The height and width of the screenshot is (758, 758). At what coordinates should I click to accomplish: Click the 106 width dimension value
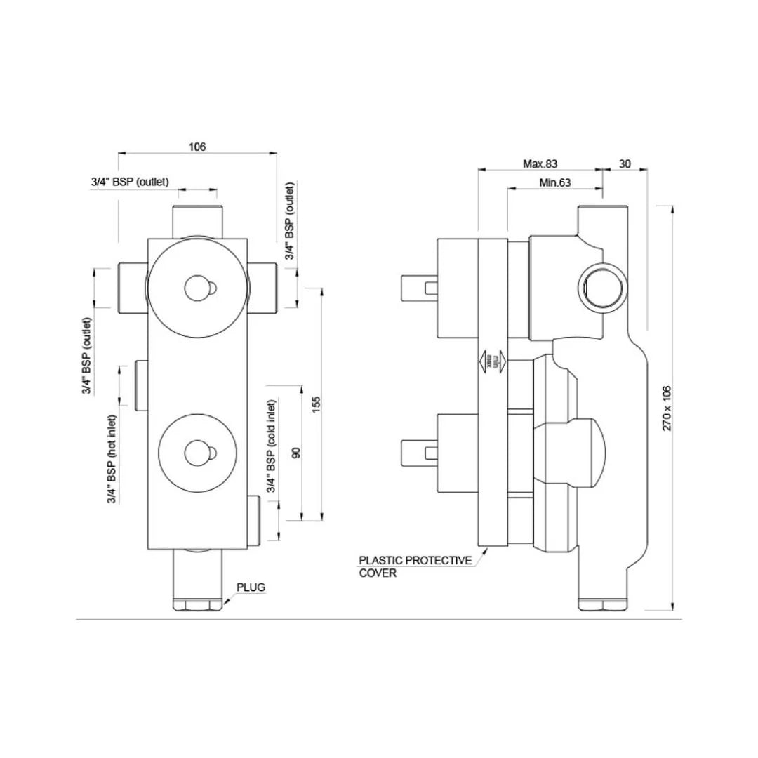click(x=197, y=147)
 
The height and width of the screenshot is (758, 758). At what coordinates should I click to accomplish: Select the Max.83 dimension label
click(x=540, y=164)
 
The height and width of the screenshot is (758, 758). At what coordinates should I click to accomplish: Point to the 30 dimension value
click(x=625, y=164)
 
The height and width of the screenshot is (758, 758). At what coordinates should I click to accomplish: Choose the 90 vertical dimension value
click(x=295, y=453)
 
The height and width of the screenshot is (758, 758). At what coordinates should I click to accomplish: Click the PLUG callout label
click(x=251, y=587)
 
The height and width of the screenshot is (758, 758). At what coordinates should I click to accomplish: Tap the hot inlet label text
click(x=112, y=459)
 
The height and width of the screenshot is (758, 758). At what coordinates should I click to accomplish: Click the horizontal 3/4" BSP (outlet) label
click(x=130, y=181)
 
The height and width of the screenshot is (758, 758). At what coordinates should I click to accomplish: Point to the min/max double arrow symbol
click(x=490, y=361)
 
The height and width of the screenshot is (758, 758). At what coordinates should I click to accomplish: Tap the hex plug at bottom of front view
click(x=199, y=604)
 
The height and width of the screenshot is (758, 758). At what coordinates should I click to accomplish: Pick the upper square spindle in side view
click(x=418, y=287)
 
